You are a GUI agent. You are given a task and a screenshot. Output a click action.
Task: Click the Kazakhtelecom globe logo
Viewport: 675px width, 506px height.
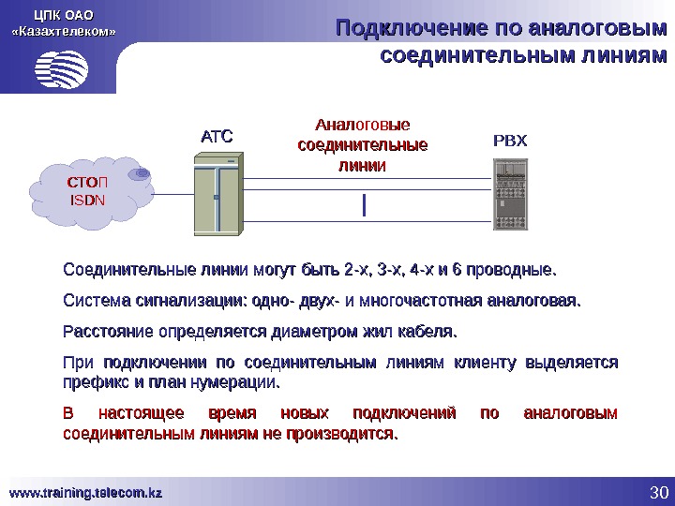click(63, 67)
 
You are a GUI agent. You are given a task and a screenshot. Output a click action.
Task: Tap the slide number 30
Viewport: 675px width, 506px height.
click(656, 493)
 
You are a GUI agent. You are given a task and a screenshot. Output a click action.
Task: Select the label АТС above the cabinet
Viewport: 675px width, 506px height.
click(216, 138)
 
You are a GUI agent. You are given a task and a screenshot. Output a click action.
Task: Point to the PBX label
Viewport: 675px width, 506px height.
click(511, 141)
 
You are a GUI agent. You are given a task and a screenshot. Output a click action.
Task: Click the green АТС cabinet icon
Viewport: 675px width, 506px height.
click(217, 196)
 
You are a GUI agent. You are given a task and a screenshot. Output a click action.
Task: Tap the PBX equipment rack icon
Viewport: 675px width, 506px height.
click(512, 196)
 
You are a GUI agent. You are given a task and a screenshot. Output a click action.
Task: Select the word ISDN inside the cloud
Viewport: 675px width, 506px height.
click(90, 200)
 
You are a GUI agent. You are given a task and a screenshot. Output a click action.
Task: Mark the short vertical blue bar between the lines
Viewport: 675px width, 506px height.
click(363, 203)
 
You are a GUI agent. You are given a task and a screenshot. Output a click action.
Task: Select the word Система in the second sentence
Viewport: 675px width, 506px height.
click(91, 302)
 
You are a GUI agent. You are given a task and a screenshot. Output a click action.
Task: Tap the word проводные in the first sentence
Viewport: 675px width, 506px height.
click(517, 272)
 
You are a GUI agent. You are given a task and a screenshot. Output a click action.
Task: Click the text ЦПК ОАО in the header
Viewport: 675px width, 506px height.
click(64, 15)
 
